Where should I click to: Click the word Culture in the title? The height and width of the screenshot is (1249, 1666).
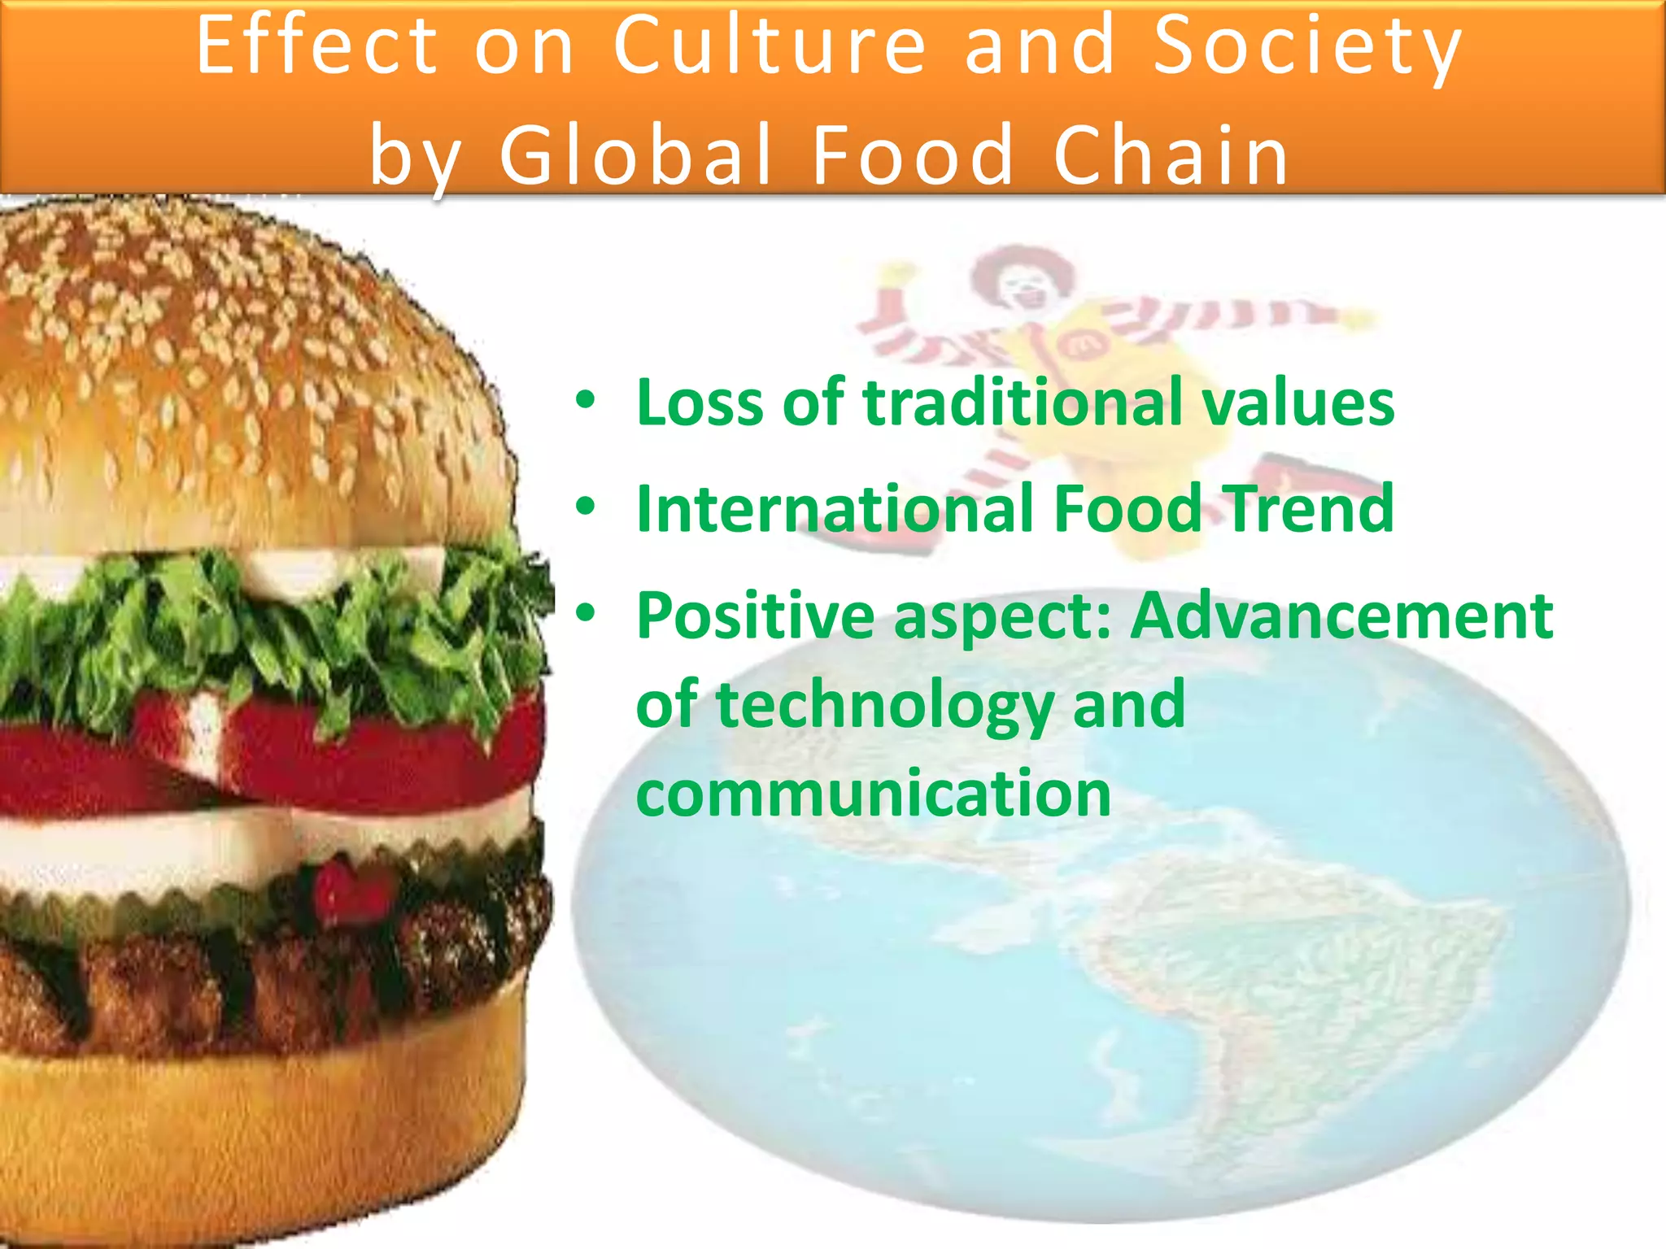tap(769, 46)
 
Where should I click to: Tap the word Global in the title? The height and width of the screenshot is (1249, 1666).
tap(635, 154)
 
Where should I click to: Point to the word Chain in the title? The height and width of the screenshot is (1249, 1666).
tap(1171, 154)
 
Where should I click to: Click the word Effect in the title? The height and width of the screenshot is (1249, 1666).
tap(317, 46)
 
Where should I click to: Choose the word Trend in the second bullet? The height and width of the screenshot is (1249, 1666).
tap(1310, 509)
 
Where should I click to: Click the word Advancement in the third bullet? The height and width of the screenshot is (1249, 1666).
tap(1342, 616)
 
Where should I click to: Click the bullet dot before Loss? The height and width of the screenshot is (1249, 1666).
tap(585, 401)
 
